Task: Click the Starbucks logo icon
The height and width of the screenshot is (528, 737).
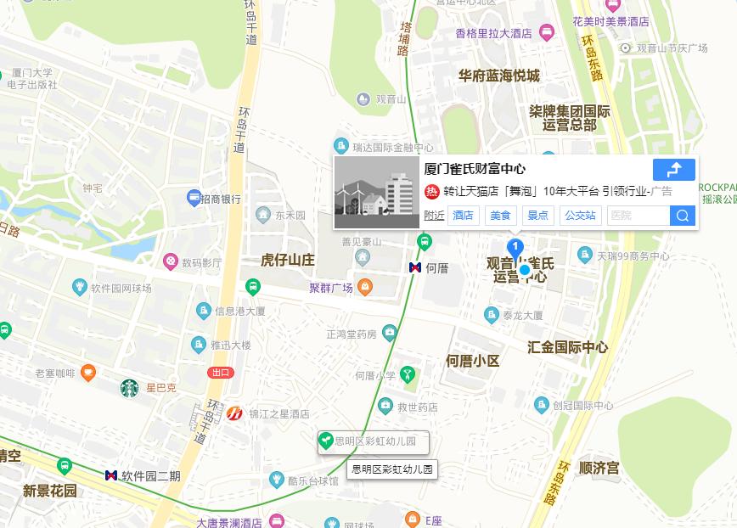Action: pos(129,389)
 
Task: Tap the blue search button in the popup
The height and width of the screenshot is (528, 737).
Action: pos(683,216)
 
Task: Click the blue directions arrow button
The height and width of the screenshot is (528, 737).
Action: pos(674,169)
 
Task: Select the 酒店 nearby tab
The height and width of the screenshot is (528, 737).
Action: pos(463,216)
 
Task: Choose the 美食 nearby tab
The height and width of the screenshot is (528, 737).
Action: pos(500,216)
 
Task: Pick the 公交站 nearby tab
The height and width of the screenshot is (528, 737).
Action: pos(580,216)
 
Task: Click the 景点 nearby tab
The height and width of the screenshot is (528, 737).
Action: pos(537,216)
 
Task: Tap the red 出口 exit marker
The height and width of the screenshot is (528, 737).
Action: pos(221,373)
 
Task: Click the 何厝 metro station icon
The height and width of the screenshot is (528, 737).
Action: pos(415,267)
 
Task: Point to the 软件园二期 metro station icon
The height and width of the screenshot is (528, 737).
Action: pos(111,475)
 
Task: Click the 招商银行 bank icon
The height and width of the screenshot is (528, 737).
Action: pos(194,199)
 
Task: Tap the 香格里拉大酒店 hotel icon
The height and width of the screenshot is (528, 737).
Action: pos(546,33)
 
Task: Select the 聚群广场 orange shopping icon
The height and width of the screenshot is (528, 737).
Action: pos(365,288)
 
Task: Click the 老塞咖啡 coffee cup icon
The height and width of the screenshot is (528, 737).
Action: pos(88,373)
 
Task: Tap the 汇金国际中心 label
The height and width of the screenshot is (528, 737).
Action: pos(567,347)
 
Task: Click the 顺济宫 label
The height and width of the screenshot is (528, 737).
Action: pos(599,468)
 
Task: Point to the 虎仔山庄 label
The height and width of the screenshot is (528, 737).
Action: pos(288,260)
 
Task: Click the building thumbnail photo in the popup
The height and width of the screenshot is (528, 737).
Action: pos(377,193)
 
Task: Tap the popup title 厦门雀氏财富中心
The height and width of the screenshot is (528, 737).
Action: pos(475,169)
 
